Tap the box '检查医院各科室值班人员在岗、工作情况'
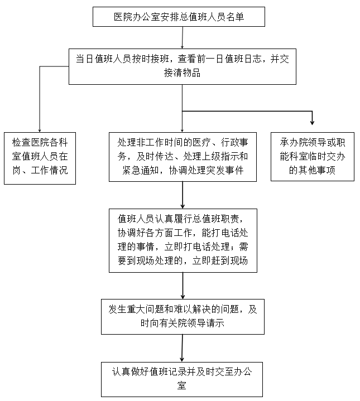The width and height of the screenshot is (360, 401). [x=40, y=158]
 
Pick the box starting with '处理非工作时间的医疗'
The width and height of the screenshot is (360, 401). [x=183, y=156]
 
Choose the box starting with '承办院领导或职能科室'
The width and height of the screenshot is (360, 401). [x=313, y=156]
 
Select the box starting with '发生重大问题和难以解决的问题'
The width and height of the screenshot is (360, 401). [x=183, y=316]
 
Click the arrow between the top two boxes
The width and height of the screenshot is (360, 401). [x=182, y=39]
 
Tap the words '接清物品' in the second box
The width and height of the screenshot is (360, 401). [x=182, y=73]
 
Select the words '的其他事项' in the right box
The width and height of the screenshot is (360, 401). [x=313, y=170]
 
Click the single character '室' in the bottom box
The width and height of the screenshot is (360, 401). [x=183, y=385]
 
